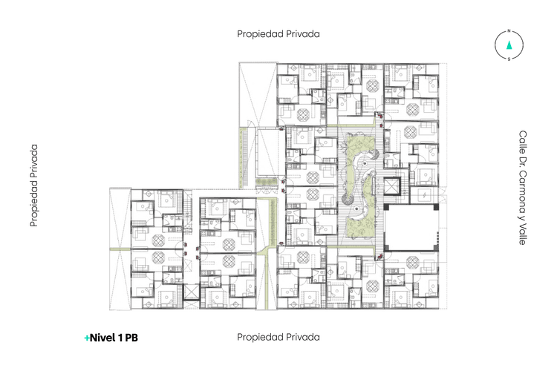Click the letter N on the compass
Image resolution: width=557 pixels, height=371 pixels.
509,32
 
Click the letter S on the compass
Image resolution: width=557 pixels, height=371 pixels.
509,60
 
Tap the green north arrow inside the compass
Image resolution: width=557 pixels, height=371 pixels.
509,45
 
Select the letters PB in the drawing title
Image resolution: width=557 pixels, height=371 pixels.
131,338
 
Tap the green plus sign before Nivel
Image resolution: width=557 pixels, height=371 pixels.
87,338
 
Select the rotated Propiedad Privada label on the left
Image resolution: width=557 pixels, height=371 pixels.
34,185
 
